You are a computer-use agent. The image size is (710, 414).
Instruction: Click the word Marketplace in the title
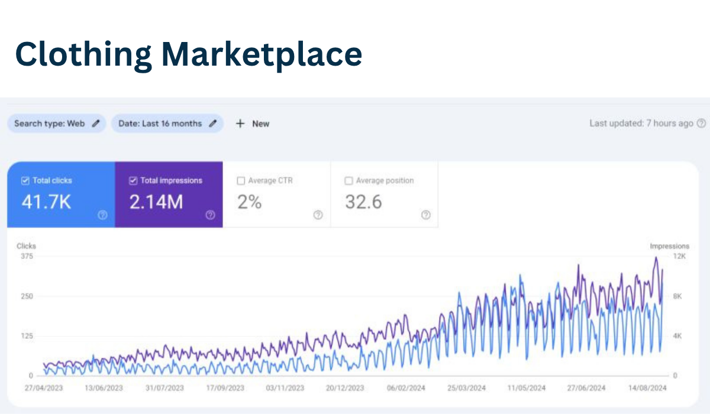tap(261, 54)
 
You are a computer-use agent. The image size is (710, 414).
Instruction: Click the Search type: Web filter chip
tap(57, 124)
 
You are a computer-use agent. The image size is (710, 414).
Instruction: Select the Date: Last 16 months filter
tap(167, 124)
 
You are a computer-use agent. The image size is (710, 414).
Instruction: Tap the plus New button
tap(253, 124)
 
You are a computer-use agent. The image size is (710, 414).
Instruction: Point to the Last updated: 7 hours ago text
tap(641, 123)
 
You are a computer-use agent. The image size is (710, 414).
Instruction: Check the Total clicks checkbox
tap(25, 180)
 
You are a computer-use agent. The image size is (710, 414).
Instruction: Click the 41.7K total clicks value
tap(46, 202)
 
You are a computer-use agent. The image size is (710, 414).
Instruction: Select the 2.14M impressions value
tap(156, 202)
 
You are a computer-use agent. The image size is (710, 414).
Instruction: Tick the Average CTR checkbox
tap(241, 180)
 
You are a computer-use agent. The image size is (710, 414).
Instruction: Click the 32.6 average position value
tap(363, 202)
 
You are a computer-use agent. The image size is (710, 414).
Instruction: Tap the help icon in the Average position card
tap(425, 215)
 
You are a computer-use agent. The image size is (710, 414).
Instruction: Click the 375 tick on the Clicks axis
tap(27, 256)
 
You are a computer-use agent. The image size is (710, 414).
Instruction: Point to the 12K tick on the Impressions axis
tap(680, 256)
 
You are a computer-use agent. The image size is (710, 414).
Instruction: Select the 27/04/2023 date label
tap(44, 388)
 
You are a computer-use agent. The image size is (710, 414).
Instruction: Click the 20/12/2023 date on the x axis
tap(345, 388)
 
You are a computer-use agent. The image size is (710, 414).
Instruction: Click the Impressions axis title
tap(669, 246)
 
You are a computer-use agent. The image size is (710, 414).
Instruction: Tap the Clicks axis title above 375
tap(26, 246)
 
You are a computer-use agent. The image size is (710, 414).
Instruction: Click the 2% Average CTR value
tap(249, 202)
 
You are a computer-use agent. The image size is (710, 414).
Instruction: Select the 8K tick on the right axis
tap(678, 296)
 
